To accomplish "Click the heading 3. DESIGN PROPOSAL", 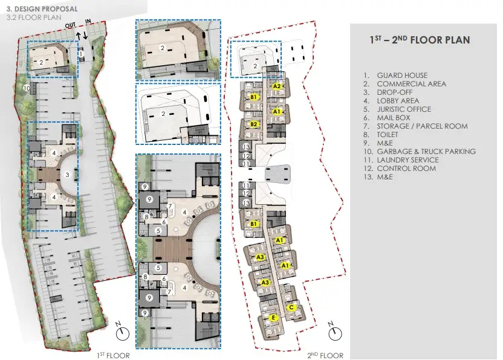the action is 42,9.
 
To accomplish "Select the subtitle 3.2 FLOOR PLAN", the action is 34,18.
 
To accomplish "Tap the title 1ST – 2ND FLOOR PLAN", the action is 420,40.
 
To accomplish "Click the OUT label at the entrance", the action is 70,25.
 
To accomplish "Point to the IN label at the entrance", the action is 88,21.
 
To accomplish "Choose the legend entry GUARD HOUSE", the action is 402,76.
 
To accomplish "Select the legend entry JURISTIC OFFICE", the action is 404,109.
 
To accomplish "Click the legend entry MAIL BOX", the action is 394,118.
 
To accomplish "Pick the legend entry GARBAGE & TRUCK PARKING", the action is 426,152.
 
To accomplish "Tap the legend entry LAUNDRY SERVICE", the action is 407,160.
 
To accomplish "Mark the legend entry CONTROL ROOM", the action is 406,169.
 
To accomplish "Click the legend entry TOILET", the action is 387,135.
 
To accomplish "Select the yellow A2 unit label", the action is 277,86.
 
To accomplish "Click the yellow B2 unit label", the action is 254,124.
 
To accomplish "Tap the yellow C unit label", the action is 291,307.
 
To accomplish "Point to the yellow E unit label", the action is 273,318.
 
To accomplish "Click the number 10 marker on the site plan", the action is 27,88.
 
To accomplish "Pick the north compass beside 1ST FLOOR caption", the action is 122,332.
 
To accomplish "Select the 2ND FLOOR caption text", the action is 325,356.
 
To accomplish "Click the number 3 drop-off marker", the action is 67,175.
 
